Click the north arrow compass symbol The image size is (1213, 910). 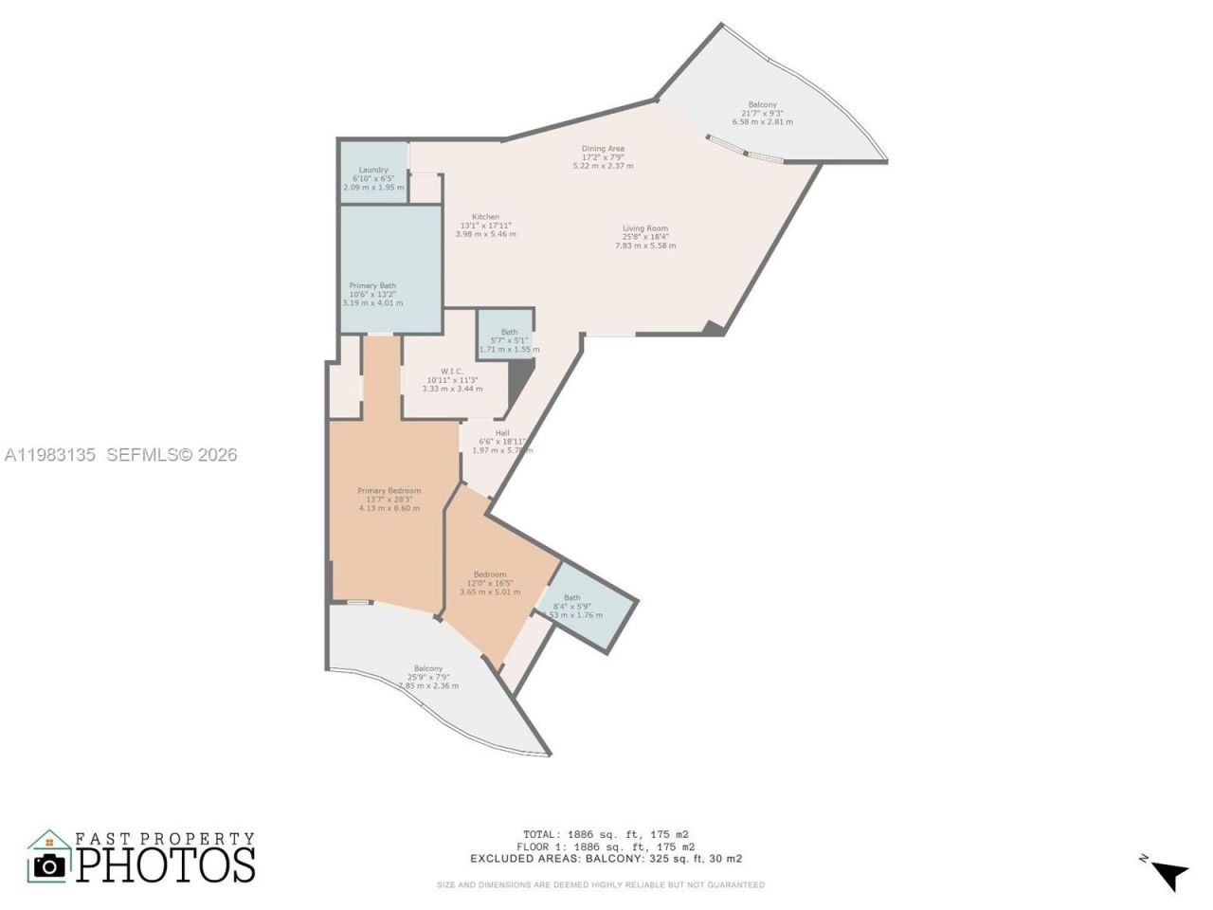click(x=1168, y=872)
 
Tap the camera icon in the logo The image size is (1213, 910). click(x=49, y=864)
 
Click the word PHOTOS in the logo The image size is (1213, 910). click(x=166, y=864)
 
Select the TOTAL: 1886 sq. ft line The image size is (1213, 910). click(x=606, y=835)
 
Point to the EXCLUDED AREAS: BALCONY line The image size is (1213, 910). click(x=606, y=859)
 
